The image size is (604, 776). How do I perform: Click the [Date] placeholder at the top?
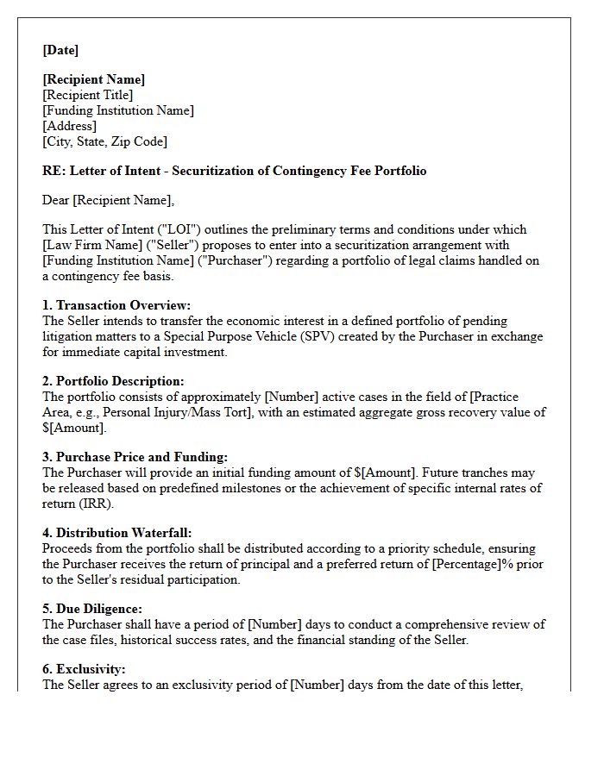pos(60,50)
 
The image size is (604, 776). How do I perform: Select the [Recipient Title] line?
pos(88,95)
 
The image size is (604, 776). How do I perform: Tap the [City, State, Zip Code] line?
pos(104,141)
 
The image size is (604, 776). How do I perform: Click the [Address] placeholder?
pos(69,126)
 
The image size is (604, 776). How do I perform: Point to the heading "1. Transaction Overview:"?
pos(116,305)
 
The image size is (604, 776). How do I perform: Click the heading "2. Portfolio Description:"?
pos(113,381)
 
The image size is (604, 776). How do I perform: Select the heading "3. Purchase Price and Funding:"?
pos(135,457)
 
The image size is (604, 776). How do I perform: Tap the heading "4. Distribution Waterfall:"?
pos(117,533)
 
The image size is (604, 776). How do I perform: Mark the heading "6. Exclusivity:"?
pos(84,669)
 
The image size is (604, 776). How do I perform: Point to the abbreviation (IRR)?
pos(102,504)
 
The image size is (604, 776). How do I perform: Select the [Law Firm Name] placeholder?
pos(91,245)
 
